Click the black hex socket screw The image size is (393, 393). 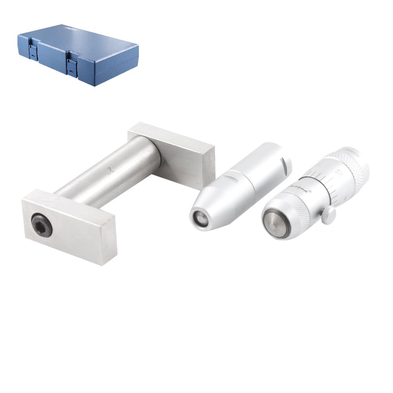pyautogui.click(x=42, y=225)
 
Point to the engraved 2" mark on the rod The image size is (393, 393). pyautogui.click(x=110, y=169)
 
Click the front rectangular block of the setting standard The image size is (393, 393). pyautogui.click(x=69, y=226)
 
